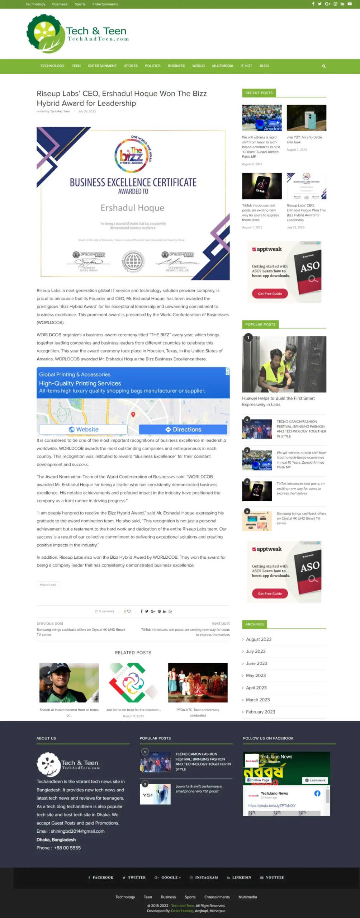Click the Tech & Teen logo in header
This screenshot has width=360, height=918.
tap(77, 34)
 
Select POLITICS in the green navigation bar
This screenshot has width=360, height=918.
tap(152, 66)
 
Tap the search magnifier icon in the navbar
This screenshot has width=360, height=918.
tap(324, 66)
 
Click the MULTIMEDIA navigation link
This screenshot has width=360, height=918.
tap(222, 66)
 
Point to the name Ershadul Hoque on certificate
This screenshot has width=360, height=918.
tap(132, 208)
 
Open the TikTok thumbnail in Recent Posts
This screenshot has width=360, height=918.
tap(262, 186)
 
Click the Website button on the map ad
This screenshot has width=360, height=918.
tap(83, 430)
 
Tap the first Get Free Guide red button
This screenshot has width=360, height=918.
tap(270, 294)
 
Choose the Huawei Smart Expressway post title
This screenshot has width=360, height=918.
tap(278, 401)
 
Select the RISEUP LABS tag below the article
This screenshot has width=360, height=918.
tap(48, 585)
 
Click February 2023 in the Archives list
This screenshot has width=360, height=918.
tap(260, 712)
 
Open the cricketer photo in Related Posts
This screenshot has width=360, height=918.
tap(69, 683)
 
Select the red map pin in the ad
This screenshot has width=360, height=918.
tap(133, 414)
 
